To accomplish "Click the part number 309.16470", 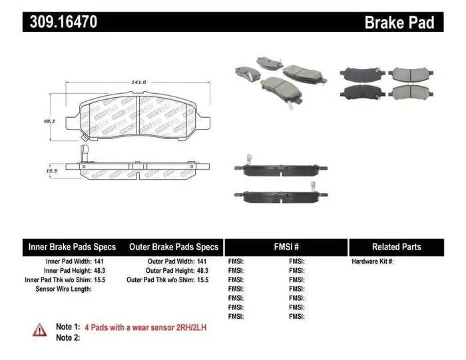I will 64,22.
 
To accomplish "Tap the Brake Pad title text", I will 399,22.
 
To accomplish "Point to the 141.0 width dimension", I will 138,82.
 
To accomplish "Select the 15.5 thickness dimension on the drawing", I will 51,170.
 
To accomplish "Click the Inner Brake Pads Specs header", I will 72,247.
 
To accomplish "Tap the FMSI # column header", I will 286,247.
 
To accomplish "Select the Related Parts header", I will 396,247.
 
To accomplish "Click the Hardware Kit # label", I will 373,262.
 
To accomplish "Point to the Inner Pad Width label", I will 67,262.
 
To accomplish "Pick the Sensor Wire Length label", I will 63,289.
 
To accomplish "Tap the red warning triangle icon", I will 41,328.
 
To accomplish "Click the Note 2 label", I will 68,337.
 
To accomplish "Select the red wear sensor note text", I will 145,327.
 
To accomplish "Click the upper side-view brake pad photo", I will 282,170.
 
